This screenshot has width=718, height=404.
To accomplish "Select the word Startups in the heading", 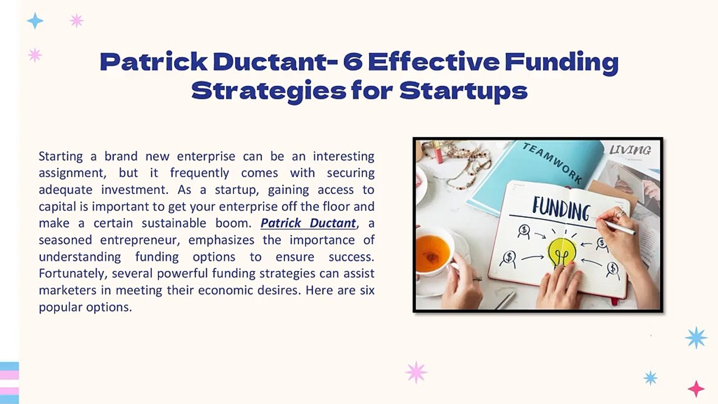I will point(463,91).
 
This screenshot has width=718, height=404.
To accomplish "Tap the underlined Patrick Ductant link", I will point(308,223).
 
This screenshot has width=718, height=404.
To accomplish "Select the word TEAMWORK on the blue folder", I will point(553,163).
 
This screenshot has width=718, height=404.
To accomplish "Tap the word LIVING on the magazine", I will point(630,150).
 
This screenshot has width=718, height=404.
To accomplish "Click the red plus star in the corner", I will point(696,388).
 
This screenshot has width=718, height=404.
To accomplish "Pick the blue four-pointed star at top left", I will point(35,21).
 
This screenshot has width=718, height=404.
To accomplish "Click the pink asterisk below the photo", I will point(416,372).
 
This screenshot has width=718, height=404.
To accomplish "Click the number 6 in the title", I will point(353,62).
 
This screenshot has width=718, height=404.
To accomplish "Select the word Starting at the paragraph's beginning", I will point(61,155).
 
